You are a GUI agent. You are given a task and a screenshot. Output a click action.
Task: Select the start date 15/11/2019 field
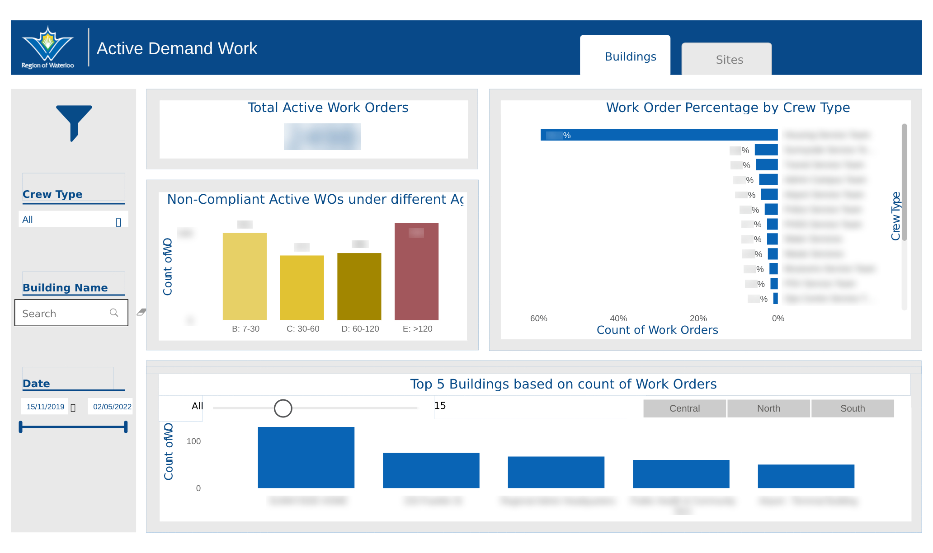[x=45, y=407]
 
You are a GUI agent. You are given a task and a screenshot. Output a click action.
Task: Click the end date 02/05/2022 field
[x=112, y=407]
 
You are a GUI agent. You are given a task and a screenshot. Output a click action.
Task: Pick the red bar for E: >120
[x=416, y=271]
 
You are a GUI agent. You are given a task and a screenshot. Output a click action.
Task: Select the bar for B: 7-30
[x=245, y=276]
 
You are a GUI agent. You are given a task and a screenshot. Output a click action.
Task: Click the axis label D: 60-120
[x=360, y=329]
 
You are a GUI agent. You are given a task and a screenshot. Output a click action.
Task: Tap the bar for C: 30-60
[x=302, y=287]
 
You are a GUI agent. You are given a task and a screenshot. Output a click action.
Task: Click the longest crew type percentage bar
[x=659, y=135]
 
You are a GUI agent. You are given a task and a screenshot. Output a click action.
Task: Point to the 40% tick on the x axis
[x=618, y=319]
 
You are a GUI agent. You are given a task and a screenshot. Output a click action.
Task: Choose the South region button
[x=852, y=408]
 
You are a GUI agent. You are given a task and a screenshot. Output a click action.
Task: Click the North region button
[x=768, y=408]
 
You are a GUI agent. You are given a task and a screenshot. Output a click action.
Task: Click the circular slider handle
[x=283, y=408]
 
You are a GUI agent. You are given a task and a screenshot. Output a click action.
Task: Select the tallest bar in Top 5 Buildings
[x=306, y=457]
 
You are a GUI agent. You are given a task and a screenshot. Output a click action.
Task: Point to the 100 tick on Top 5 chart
[x=193, y=441]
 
